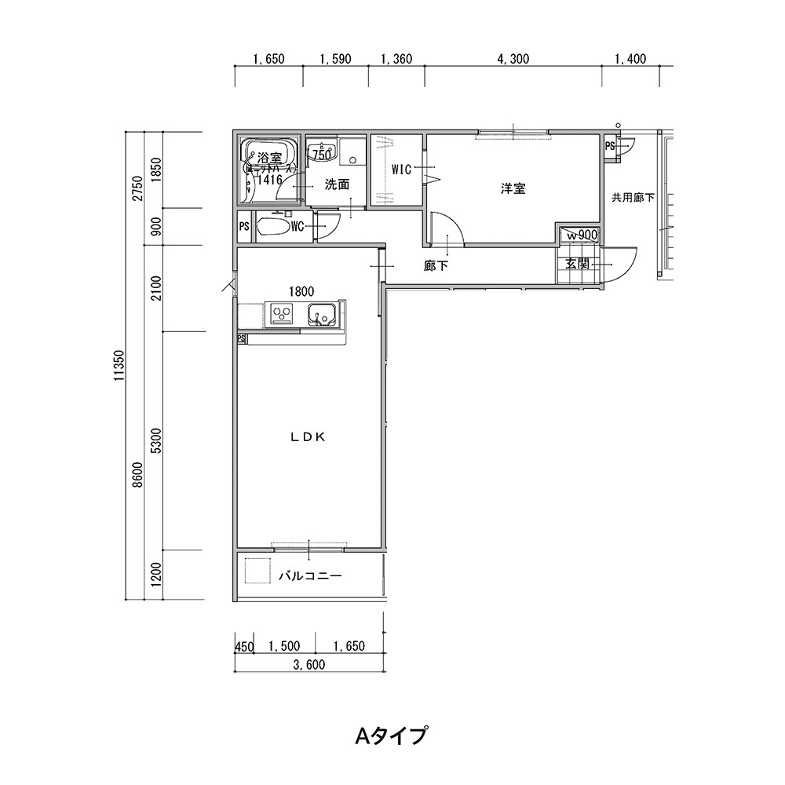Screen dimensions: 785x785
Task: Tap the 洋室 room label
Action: click(x=513, y=188)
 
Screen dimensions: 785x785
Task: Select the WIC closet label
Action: click(x=401, y=169)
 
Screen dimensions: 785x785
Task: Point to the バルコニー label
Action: click(x=310, y=576)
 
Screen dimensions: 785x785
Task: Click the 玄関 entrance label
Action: click(x=577, y=264)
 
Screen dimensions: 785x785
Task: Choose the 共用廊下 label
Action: click(x=633, y=198)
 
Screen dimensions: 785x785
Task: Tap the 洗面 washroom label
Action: click(x=337, y=185)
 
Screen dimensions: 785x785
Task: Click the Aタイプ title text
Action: click(x=392, y=736)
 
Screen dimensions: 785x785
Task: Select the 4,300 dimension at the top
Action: click(x=513, y=59)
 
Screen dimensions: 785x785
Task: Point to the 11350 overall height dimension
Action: click(x=119, y=366)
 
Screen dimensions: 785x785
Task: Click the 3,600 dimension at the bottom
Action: click(x=309, y=665)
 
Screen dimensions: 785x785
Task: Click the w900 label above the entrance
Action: click(x=582, y=234)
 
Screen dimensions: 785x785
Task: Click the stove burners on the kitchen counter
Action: click(x=282, y=314)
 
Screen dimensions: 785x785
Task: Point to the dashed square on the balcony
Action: click(x=257, y=571)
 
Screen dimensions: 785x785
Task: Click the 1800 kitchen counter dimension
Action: click(x=301, y=290)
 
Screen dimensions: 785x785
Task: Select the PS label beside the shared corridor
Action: click(x=610, y=146)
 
